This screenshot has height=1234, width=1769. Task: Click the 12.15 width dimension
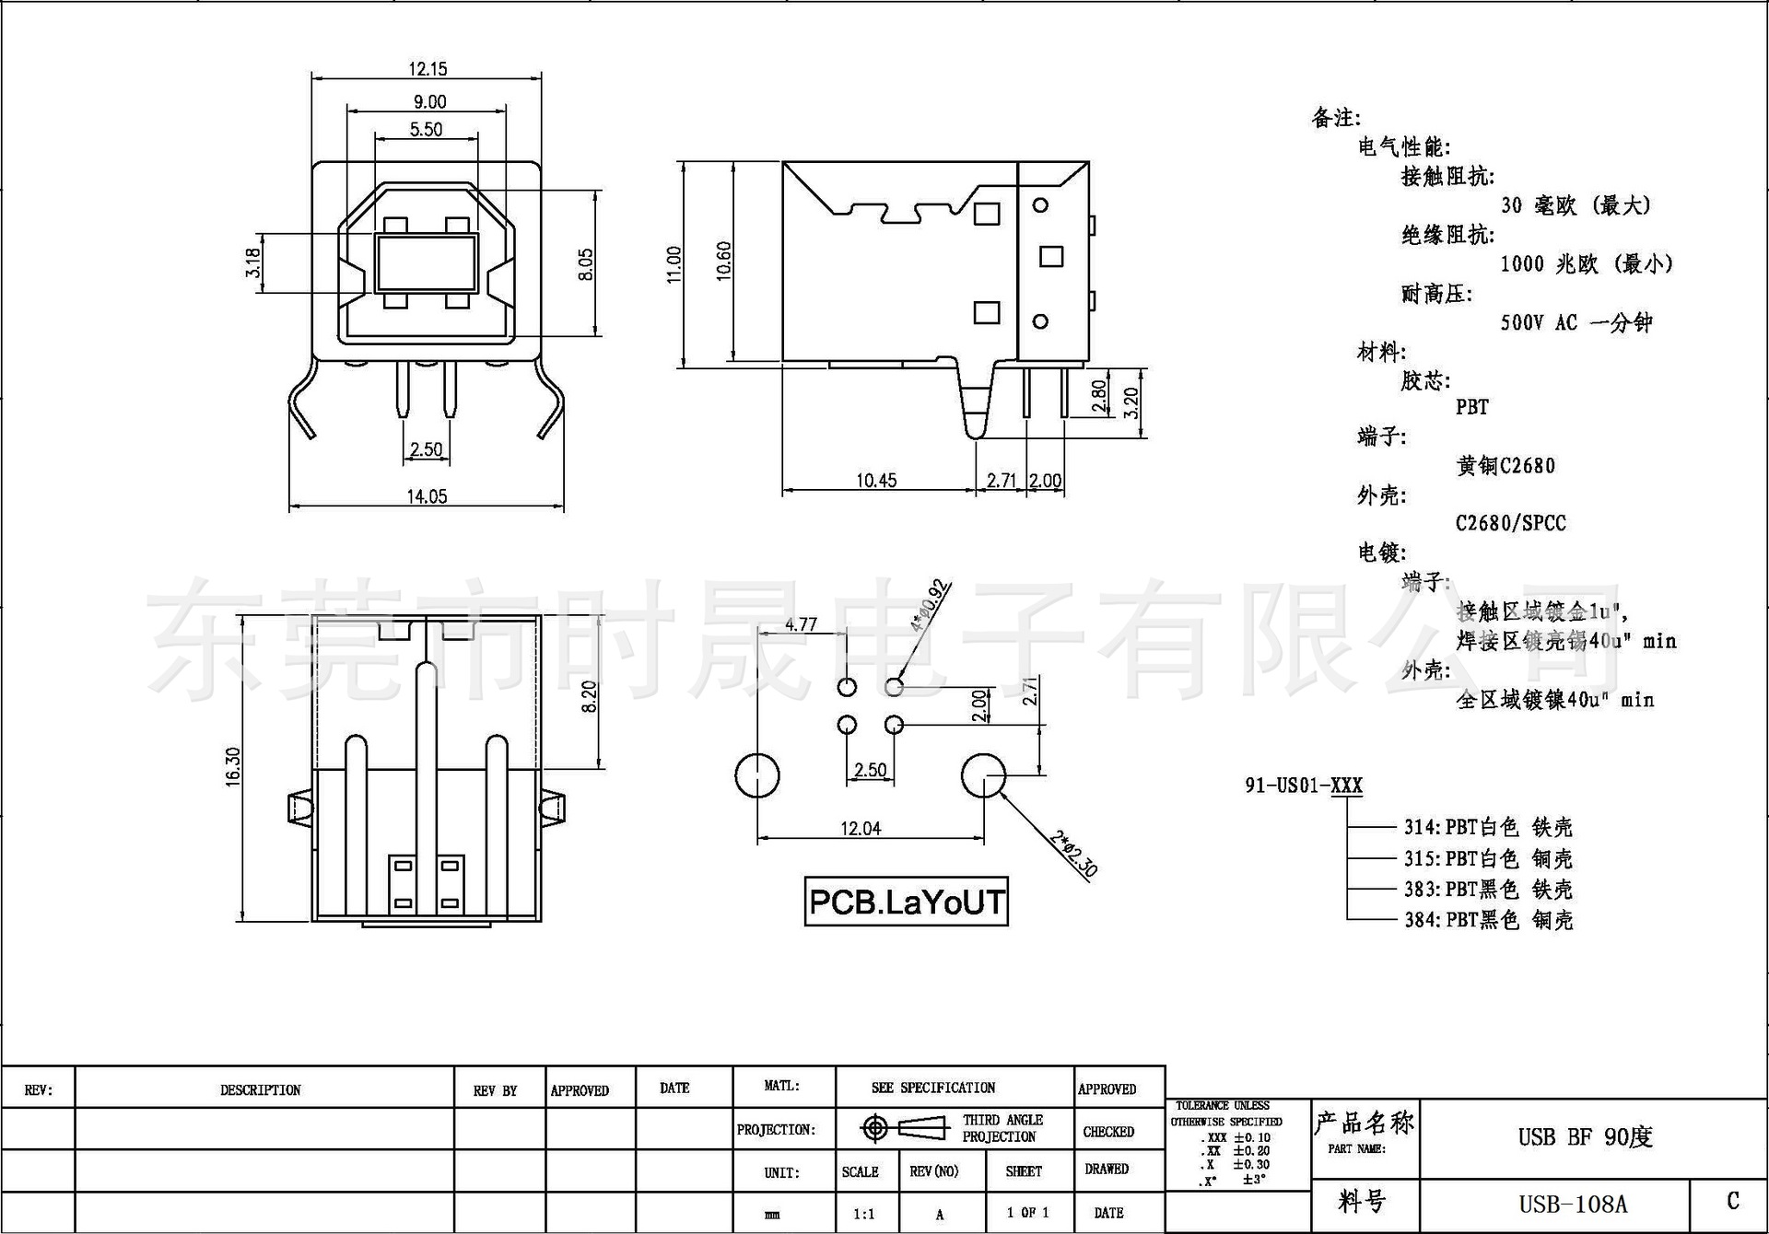pyautogui.click(x=428, y=69)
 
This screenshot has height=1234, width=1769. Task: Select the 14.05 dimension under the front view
pyautogui.click(x=427, y=497)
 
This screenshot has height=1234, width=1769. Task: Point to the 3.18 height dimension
pyautogui.click(x=253, y=262)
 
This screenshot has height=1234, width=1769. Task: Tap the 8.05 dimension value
pyautogui.click(x=586, y=264)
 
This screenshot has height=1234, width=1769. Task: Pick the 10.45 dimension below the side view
pyautogui.click(x=875, y=481)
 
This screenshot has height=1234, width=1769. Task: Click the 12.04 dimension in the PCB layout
pyautogui.click(x=860, y=829)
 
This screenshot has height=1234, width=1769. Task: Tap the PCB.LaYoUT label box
pyautogui.click(x=906, y=902)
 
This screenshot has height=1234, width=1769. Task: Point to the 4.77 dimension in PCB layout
pyautogui.click(x=801, y=624)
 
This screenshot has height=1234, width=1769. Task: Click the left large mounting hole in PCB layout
pyautogui.click(x=757, y=775)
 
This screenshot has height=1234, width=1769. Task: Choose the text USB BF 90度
pyautogui.click(x=1585, y=1137)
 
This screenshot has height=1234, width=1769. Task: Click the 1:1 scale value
pyautogui.click(x=863, y=1214)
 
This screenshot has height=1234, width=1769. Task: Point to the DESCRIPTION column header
pyautogui.click(x=261, y=1090)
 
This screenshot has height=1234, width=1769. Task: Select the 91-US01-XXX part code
pyautogui.click(x=1303, y=786)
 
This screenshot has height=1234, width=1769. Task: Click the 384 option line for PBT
pyautogui.click(x=1488, y=919)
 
